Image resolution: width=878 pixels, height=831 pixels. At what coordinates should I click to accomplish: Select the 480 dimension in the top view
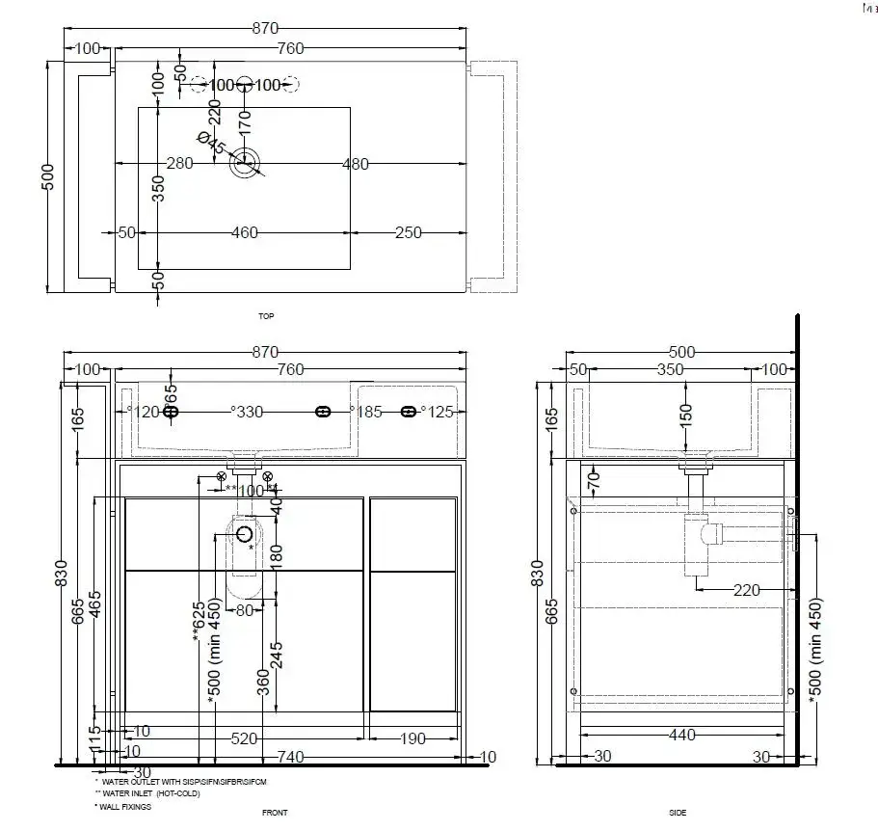[356, 164]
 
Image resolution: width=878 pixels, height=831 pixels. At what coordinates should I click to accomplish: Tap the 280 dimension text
[180, 163]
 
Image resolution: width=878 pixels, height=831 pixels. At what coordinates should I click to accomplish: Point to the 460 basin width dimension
[245, 232]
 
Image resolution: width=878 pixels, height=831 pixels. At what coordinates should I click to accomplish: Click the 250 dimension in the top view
[409, 232]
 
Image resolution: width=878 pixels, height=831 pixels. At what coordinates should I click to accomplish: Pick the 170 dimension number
[245, 122]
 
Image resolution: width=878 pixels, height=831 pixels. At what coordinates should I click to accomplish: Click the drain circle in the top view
[245, 162]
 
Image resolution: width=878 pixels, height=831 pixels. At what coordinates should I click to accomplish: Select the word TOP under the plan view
[266, 316]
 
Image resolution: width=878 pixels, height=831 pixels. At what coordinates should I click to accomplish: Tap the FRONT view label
[275, 813]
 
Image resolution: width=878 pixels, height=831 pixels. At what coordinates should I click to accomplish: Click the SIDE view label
[678, 813]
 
